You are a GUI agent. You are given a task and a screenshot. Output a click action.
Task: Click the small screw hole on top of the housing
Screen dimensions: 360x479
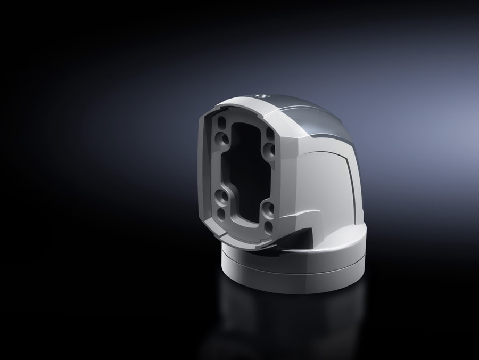[x=261, y=96]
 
